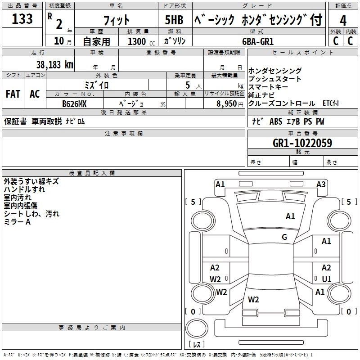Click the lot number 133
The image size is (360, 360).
coord(22,19)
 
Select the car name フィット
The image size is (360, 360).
coord(117,20)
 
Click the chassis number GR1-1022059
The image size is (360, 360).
coord(302,143)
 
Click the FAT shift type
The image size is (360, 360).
coord(13,94)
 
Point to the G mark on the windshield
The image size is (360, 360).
coord(284,237)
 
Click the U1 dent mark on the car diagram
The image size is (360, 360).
coord(327,279)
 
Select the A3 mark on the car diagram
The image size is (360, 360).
coord(321,184)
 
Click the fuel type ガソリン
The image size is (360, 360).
coord(175,41)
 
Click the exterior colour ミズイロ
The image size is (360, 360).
coord(97,85)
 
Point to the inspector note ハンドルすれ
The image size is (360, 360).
coord(24,190)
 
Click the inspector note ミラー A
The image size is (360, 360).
coord(17,222)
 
